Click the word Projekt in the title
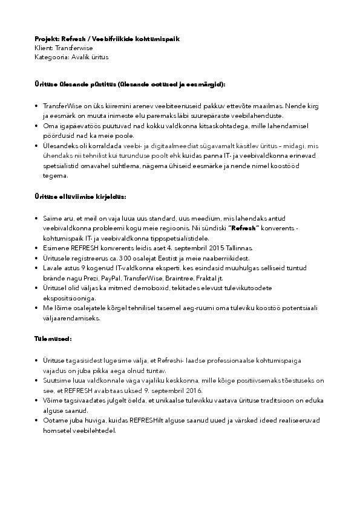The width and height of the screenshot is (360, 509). click(46, 39)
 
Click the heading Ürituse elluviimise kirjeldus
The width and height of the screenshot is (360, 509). click(80, 197)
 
